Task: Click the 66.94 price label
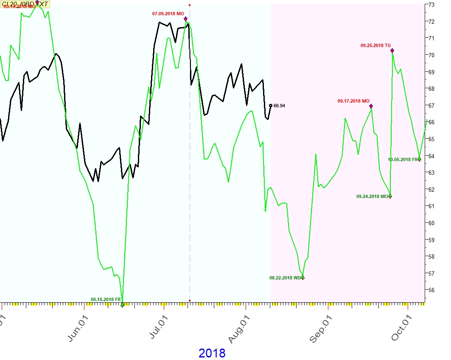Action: (280, 106)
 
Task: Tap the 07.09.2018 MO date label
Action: (168, 14)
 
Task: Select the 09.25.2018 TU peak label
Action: (375, 45)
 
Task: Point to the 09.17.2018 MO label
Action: (353, 101)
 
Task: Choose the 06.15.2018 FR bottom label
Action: (106, 299)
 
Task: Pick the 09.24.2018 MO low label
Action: (372, 196)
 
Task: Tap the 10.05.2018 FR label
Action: (403, 159)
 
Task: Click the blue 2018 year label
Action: (212, 353)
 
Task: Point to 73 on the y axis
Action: (431, 5)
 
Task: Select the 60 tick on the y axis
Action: (431, 223)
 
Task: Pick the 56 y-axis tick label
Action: (431, 290)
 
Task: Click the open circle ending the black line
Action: (271, 106)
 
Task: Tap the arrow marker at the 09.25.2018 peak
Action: (392, 51)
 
